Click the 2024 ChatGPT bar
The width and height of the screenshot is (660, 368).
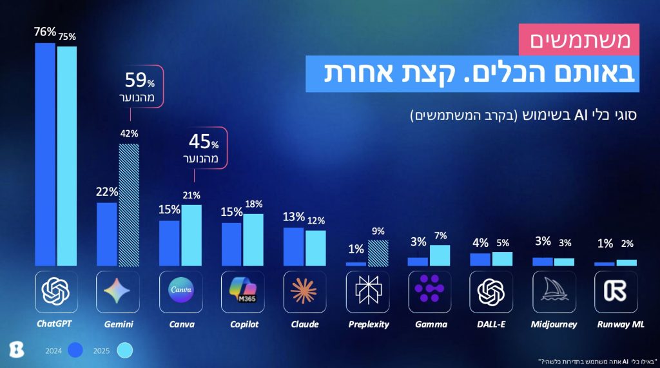click(45, 155)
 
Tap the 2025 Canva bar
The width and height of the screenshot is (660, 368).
click(191, 235)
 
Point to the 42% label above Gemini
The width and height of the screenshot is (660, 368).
click(129, 134)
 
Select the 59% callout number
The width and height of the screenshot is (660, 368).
click(137, 81)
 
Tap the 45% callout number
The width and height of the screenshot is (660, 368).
click(200, 140)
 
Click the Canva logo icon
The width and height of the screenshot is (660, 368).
click(180, 291)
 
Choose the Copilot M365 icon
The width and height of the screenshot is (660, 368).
click(242, 291)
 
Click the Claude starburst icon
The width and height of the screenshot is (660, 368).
click(304, 291)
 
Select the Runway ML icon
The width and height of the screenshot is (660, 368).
click(616, 291)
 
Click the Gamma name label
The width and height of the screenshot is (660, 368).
click(429, 324)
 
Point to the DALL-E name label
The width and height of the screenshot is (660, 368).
click(492, 324)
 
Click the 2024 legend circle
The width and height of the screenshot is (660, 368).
click(77, 350)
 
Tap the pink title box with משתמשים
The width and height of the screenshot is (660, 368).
click(579, 40)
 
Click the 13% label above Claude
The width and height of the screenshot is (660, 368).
click(294, 217)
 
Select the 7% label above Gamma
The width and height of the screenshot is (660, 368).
click(440, 236)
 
